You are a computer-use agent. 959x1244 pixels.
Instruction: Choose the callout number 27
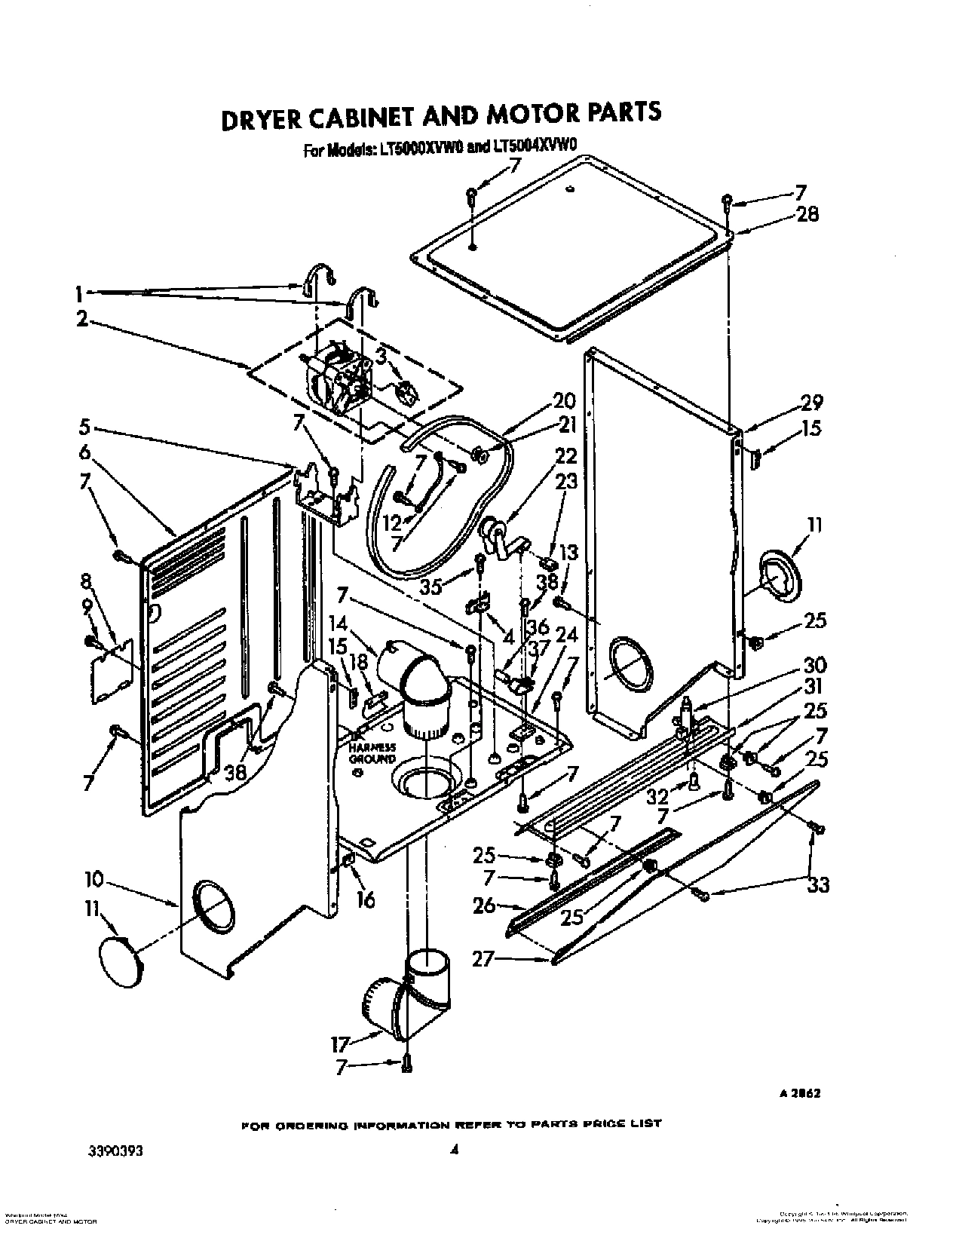pos(483,960)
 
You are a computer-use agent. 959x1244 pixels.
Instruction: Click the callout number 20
pos(564,400)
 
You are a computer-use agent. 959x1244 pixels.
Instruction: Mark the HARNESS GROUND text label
pos(372,752)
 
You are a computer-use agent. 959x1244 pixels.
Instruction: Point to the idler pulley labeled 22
pos(493,534)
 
